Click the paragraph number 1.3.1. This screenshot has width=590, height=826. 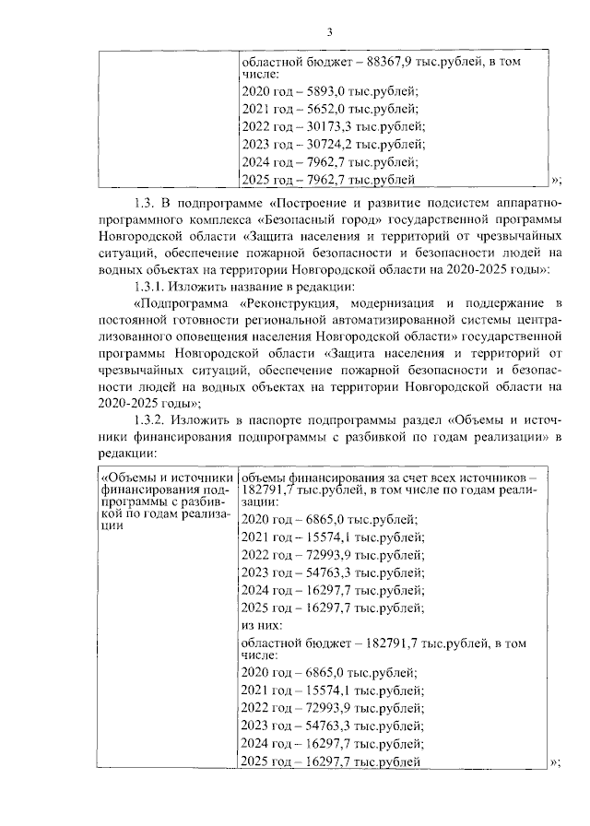point(154,286)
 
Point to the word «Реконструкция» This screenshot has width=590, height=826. point(294,302)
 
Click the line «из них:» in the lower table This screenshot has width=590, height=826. point(260,624)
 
